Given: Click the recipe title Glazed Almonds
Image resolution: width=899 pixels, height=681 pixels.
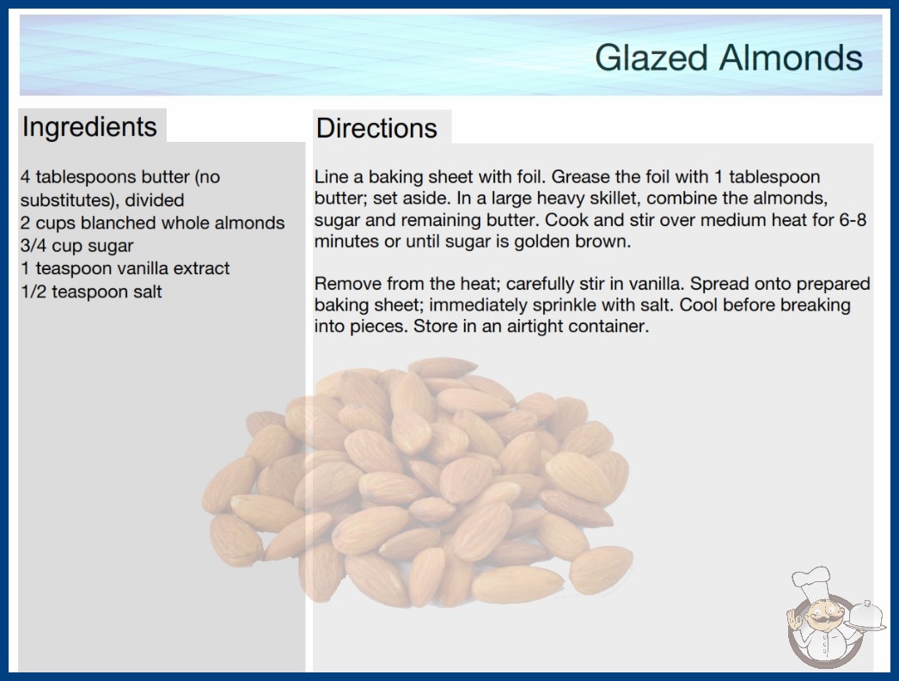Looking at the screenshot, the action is click(x=729, y=58).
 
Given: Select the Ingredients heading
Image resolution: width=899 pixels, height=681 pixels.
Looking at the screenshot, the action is click(x=89, y=127).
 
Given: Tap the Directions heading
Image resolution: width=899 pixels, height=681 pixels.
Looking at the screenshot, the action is click(x=376, y=128).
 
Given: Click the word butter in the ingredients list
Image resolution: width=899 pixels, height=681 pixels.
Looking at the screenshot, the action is click(x=166, y=177).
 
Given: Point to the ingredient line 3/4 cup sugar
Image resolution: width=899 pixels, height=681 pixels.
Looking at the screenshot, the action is click(x=76, y=246).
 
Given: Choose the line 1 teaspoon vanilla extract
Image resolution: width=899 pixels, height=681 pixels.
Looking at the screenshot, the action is click(x=125, y=268).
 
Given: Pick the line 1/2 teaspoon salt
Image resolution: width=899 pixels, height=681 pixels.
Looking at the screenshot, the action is click(x=92, y=291).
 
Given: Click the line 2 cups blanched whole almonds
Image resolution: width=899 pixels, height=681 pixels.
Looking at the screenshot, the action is click(x=152, y=223).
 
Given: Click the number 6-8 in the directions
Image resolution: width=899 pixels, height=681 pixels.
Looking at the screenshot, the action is click(x=853, y=220).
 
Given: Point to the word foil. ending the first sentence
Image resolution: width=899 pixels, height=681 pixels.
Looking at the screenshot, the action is click(x=531, y=177).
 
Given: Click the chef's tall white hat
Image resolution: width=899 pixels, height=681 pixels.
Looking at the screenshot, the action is click(x=811, y=584).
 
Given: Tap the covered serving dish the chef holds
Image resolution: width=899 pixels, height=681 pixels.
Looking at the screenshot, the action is click(x=866, y=616).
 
